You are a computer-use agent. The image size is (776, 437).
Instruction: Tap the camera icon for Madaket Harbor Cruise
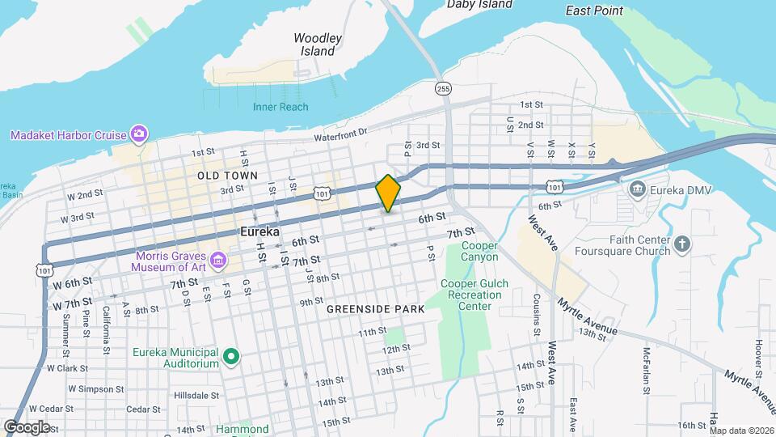click(139, 134)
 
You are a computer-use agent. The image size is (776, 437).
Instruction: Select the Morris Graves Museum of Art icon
click(217, 260)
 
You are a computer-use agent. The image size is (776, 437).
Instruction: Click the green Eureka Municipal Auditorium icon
click(231, 356)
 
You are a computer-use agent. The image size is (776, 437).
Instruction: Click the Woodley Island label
click(318, 45)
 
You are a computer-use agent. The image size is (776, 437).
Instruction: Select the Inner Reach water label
click(280, 107)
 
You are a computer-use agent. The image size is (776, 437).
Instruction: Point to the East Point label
click(594, 11)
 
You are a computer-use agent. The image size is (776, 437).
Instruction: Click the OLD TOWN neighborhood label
click(227, 176)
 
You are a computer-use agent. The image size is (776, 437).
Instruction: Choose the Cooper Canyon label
click(479, 251)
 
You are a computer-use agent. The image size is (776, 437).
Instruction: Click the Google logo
click(27, 426)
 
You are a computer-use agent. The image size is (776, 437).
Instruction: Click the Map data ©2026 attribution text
click(741, 431)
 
